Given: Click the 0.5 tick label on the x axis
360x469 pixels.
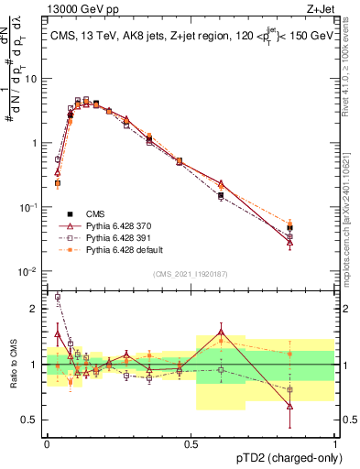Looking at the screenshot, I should [x=191, y=442].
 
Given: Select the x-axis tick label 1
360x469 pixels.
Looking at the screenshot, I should [x=335, y=442].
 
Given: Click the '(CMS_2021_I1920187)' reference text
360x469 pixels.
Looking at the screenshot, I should [x=191, y=273].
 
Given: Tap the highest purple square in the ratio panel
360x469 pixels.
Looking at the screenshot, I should [x=57, y=297].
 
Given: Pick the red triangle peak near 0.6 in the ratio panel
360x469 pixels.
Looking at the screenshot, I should [x=221, y=332].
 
